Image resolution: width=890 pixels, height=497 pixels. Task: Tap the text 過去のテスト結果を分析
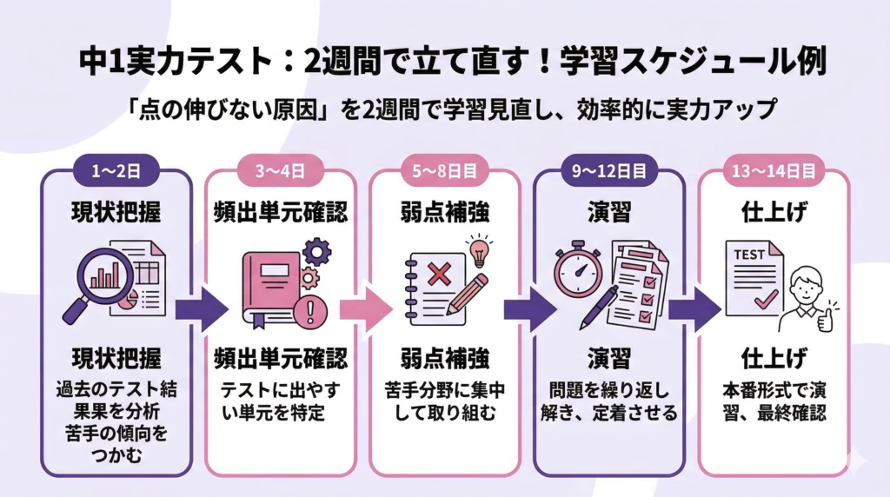point(116,403)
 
